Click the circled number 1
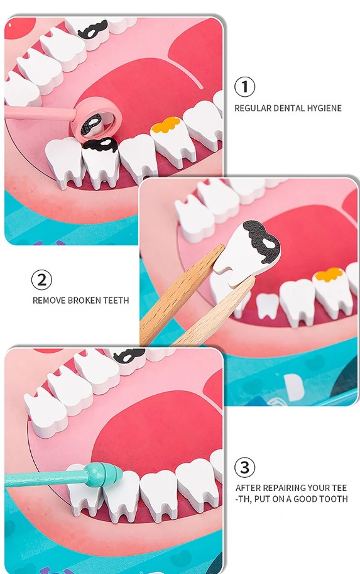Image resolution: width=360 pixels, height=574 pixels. pos(244,87)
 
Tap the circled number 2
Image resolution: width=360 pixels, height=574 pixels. pos(41,280)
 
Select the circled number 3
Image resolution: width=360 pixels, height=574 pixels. pos(244,468)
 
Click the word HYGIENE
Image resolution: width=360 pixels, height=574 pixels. pos(324,108)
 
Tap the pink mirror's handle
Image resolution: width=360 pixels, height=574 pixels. pos(40,113)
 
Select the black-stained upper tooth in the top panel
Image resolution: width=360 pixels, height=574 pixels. pos(93,33)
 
